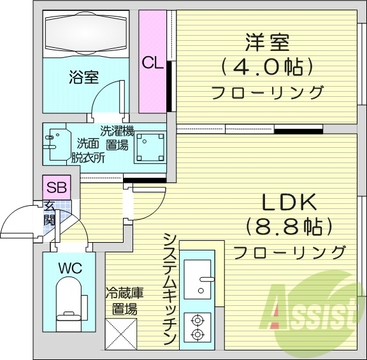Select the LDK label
[289, 203]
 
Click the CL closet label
[152, 62]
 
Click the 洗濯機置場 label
[117, 138]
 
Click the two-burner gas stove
[197, 325]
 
